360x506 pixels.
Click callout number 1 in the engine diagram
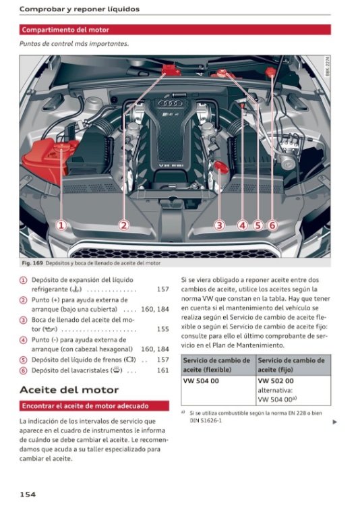pyautogui.click(x=61, y=225)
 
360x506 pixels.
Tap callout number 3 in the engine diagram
pyautogui.click(x=219, y=225)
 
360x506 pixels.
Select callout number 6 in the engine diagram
pyautogui.click(x=272, y=225)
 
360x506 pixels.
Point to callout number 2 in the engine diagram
pyautogui.click(x=123, y=225)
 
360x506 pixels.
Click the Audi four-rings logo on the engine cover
pyautogui.click(x=170, y=103)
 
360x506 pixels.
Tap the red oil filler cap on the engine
pyautogui.click(x=221, y=167)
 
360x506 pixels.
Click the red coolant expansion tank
pyautogui.click(x=49, y=159)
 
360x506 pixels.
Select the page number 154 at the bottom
pyautogui.click(x=28, y=494)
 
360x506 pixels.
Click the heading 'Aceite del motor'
pyautogui.click(x=69, y=390)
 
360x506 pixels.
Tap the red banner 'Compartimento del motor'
pyautogui.click(x=175, y=30)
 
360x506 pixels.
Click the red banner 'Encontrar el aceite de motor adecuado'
pyautogui.click(x=94, y=405)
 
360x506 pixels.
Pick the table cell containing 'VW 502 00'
pyautogui.click(x=293, y=391)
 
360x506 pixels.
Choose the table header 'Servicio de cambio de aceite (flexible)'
pyautogui.click(x=218, y=365)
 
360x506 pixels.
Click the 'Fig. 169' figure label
pyautogui.click(x=32, y=263)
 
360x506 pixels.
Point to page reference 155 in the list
pyautogui.click(x=163, y=329)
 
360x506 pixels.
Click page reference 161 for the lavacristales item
pyautogui.click(x=163, y=370)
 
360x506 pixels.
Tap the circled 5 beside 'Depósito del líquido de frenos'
pyautogui.click(x=23, y=360)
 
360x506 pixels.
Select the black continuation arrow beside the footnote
pyautogui.click(x=334, y=422)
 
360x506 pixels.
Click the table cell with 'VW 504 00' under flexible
pyautogui.click(x=218, y=391)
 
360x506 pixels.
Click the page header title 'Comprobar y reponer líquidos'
pyautogui.click(x=80, y=9)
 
